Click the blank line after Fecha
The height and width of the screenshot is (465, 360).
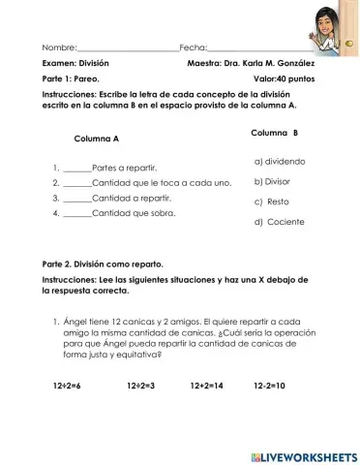pyautogui.click(x=256, y=47)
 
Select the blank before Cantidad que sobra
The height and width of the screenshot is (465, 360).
pyautogui.click(x=78, y=212)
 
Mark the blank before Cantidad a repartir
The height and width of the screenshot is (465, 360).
pyautogui.click(x=78, y=198)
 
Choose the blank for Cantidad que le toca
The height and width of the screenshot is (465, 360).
pyautogui.click(x=78, y=183)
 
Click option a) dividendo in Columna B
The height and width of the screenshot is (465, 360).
pyautogui.click(x=280, y=162)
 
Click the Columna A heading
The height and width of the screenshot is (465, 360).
pyautogui.click(x=96, y=139)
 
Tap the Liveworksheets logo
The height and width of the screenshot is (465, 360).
pyautogui.click(x=302, y=455)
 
